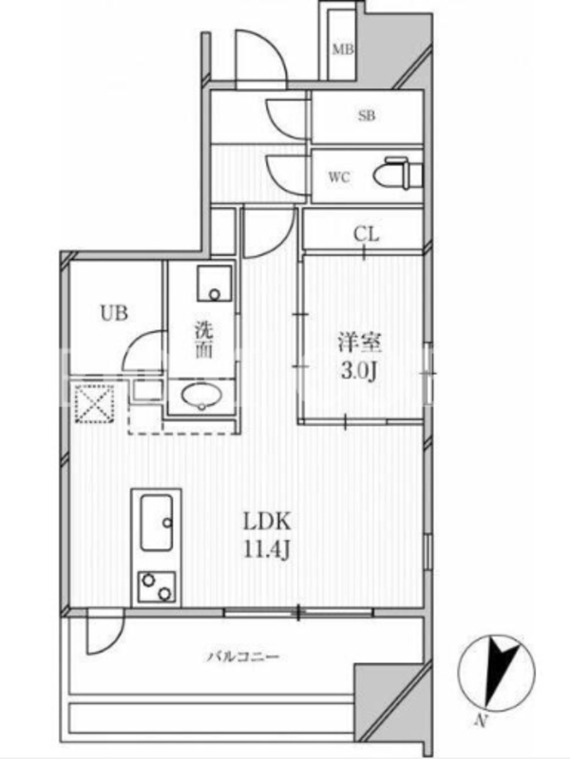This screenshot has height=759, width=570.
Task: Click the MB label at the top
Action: pos(343,49)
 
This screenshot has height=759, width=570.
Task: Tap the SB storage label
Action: pos(367,116)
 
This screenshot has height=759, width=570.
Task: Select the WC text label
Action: pos(339,177)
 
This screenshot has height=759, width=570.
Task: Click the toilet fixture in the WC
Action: pos(398,174)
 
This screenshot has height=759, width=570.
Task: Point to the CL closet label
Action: pos(366,234)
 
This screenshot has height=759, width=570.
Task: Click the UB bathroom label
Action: pos(114,313)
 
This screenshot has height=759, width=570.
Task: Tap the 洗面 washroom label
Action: pos(204,341)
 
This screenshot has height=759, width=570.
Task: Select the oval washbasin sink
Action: pos(201,396)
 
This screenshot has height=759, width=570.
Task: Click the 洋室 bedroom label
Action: pos(359,343)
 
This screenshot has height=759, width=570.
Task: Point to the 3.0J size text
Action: pos(359,372)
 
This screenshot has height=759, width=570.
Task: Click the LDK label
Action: pos(267,521)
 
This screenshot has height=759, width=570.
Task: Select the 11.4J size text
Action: pos(267,550)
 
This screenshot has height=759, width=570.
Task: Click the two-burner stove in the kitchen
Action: pos(157,586)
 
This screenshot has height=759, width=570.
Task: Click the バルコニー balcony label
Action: pos(244,657)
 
